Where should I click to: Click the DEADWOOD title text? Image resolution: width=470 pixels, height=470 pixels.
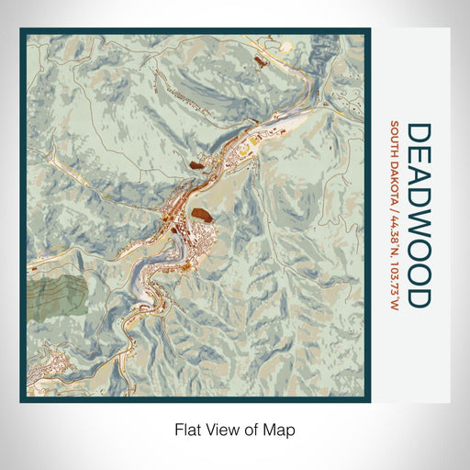(x=418, y=215)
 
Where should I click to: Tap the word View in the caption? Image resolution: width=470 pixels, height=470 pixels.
(x=217, y=429)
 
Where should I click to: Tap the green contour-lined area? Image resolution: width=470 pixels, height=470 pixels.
(x=55, y=297)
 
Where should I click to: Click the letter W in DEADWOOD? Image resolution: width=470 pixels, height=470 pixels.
(x=418, y=233)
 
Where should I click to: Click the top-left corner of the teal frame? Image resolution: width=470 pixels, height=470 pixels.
(x=23, y=30)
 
